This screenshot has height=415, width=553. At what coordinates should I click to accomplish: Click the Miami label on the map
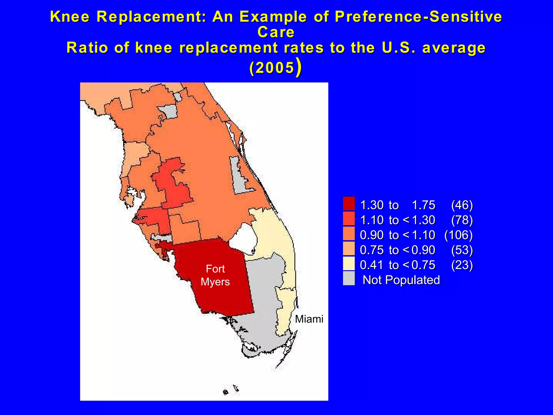click(309, 319)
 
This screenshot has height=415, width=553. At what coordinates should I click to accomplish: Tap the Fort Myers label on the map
click(215, 275)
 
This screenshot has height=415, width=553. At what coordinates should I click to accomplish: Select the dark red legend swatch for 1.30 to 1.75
click(349, 203)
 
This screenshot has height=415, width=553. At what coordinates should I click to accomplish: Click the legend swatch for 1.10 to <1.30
click(349, 219)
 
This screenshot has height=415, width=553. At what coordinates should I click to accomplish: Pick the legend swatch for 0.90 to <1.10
click(349, 233)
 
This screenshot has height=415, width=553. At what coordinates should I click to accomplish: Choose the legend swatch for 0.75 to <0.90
click(349, 249)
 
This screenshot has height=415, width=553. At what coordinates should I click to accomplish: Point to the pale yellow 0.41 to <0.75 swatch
click(349, 263)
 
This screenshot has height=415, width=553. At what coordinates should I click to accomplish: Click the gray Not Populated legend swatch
click(349, 278)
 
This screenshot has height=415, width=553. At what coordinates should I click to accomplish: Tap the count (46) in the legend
click(462, 205)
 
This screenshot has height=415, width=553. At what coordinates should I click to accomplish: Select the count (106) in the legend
click(458, 235)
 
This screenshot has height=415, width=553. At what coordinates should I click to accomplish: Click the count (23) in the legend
click(462, 265)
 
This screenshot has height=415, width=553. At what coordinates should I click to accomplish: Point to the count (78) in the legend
click(462, 220)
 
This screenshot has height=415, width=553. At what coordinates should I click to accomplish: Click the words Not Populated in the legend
click(401, 280)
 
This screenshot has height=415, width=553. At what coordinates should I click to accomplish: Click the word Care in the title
click(276, 32)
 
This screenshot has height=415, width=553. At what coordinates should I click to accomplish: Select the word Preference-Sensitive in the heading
click(418, 16)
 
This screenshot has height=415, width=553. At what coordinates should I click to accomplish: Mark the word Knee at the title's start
click(70, 16)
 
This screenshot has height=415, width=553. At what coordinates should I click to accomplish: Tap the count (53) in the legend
click(462, 250)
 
